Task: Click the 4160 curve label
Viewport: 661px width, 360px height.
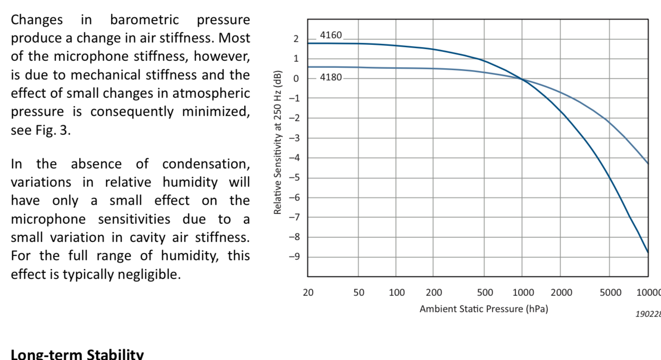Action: [331, 35]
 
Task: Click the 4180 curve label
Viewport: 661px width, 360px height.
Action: [331, 77]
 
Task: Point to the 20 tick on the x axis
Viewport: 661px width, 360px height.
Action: [308, 293]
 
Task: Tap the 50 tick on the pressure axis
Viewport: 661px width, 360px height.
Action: [358, 293]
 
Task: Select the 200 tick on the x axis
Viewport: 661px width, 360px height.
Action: [433, 293]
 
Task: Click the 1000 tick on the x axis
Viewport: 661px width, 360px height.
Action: [523, 293]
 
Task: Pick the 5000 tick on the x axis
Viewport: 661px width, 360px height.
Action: [610, 293]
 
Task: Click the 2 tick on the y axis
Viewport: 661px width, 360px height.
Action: [296, 39]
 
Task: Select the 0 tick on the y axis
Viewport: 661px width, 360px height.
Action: [296, 78]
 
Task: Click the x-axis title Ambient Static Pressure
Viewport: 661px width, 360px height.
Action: [483, 309]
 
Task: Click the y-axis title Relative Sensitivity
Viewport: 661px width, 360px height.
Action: [279, 142]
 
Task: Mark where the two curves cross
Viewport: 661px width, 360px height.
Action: [522, 79]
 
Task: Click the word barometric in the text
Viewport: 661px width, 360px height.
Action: [144, 20]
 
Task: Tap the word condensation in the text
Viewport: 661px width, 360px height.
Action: [206, 164]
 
